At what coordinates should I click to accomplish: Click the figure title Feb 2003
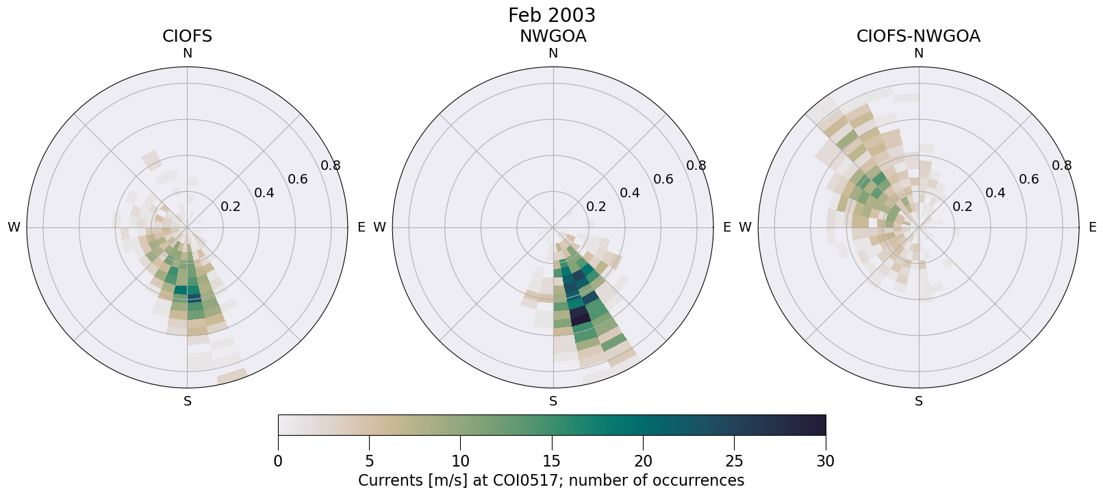click(551, 15)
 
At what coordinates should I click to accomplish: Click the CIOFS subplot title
click(187, 36)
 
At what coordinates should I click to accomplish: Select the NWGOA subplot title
click(553, 36)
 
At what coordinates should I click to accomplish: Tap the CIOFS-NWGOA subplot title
click(918, 36)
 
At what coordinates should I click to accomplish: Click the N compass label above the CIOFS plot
click(187, 53)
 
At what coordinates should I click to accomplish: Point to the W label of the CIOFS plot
click(14, 227)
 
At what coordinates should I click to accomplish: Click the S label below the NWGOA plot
click(553, 401)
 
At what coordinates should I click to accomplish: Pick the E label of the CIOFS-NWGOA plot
click(1092, 227)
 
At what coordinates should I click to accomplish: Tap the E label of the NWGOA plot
click(726, 227)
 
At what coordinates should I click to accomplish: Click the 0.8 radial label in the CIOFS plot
click(331, 165)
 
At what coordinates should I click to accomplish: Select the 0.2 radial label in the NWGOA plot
click(596, 206)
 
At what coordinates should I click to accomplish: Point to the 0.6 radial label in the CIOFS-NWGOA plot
click(1028, 179)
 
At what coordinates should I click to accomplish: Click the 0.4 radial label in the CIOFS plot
click(264, 193)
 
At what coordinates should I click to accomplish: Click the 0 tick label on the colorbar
click(278, 461)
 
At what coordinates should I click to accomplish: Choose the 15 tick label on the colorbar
click(551, 461)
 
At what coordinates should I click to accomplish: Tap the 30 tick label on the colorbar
click(825, 461)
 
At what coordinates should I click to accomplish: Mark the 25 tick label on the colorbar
click(734, 461)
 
